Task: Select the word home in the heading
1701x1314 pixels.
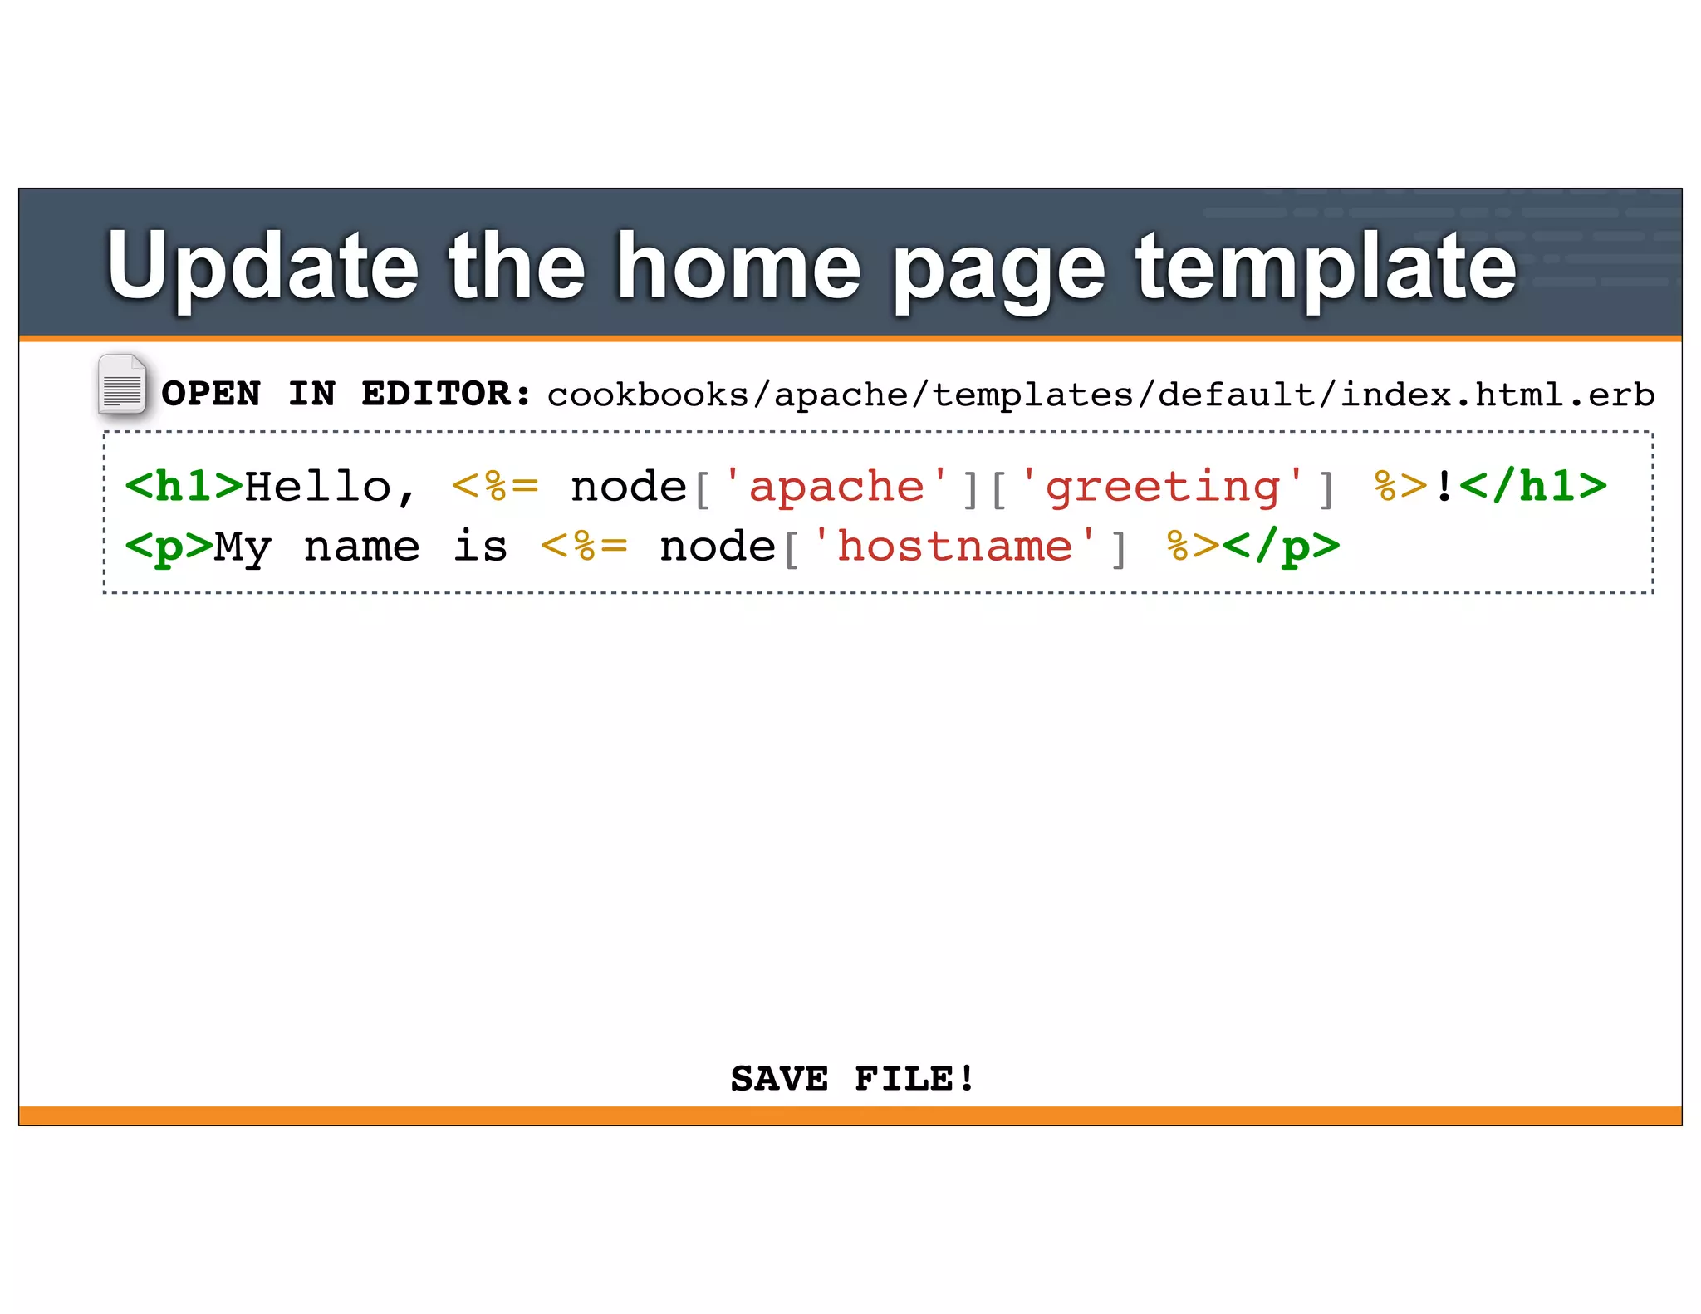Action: pos(738,266)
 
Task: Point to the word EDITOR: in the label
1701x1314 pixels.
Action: pos(446,394)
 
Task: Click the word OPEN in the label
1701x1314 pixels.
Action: pos(211,394)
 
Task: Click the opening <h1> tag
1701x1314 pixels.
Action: pos(184,487)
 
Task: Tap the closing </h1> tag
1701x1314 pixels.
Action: pos(1532,487)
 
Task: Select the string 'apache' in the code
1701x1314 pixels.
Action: pos(836,487)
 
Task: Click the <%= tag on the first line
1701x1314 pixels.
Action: pos(494,487)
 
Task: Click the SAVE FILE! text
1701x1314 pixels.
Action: pos(852,1079)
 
